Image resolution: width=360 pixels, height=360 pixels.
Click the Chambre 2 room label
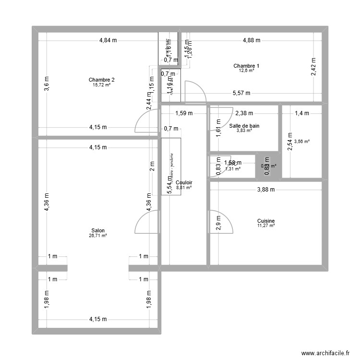101,80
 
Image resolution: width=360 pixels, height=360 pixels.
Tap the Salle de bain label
244,126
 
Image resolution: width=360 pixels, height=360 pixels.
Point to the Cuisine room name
265,221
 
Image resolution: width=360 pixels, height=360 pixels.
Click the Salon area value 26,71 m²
98,236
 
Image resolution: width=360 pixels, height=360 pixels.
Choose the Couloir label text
184,183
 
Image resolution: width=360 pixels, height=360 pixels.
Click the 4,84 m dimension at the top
108,40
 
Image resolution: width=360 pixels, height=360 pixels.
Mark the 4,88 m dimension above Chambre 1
252,40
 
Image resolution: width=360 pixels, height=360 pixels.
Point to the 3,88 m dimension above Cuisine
265,189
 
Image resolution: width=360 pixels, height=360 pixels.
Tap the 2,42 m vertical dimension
313,67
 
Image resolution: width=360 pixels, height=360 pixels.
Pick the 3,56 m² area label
302,142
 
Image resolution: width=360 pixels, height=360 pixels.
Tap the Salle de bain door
218,118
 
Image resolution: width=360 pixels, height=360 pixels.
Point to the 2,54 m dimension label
290,142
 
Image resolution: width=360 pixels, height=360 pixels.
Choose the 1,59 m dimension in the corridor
183,114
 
